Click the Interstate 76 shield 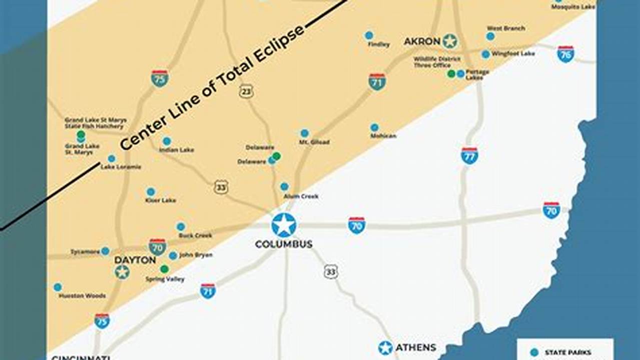coord(565,54)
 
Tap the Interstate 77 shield coord(469,155)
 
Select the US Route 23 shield coord(246,91)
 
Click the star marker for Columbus coord(284,225)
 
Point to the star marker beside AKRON coord(450,41)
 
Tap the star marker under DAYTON coord(122,272)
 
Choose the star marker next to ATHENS coord(385,347)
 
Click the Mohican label coord(383,136)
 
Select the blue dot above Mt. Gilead coord(304,133)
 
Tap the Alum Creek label coord(301,196)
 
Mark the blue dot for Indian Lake coord(167,141)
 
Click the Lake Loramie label coord(121,167)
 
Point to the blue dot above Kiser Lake coord(151,191)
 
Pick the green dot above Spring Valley coord(164,269)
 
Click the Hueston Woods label coord(82,296)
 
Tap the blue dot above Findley coord(369,35)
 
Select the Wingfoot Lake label coord(513,53)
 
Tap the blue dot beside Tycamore coord(105,251)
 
